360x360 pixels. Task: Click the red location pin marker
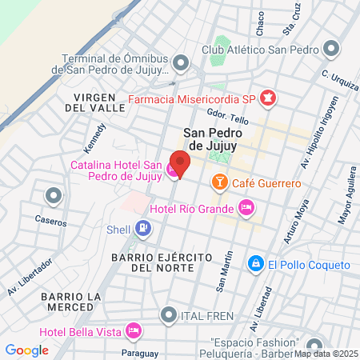click(180, 163)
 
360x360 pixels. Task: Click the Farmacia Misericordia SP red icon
click(268, 99)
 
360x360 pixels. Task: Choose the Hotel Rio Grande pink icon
click(246, 209)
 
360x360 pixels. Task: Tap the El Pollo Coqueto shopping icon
click(255, 263)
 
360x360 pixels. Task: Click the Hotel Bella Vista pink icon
click(134, 330)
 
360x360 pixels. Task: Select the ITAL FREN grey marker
click(168, 315)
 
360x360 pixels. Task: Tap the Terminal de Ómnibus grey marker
click(182, 63)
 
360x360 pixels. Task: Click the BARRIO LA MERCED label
click(70, 302)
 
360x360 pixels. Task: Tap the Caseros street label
click(50, 221)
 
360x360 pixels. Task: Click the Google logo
click(26, 350)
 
